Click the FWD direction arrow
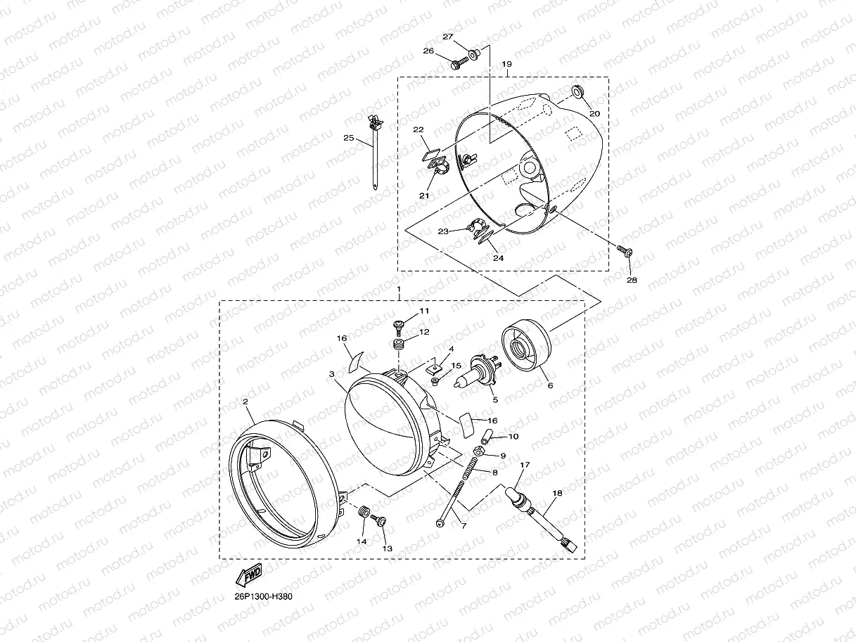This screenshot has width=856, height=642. (x=249, y=575)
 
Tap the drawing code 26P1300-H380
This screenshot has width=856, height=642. (x=263, y=597)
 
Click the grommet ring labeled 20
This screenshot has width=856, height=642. (x=577, y=91)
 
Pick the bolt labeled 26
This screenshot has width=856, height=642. (x=460, y=63)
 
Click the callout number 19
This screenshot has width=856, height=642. (x=506, y=64)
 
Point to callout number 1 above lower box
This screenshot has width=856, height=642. (x=399, y=289)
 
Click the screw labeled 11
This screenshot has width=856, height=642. (x=399, y=327)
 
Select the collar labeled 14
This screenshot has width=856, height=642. (x=364, y=512)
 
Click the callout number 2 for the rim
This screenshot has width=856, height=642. (x=245, y=402)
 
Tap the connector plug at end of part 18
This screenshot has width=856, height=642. (x=569, y=544)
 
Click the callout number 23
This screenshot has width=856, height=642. (x=443, y=231)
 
